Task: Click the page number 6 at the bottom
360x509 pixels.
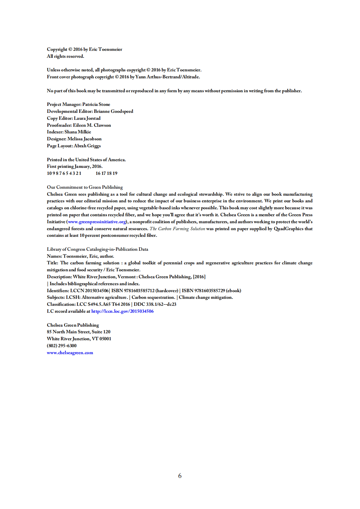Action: coord(180,476)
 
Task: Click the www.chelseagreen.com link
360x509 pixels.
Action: coord(70,353)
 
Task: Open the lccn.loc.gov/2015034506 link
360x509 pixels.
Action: coord(122,311)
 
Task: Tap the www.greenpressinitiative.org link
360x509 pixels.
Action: coord(97,222)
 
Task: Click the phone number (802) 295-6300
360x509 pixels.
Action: coord(62,346)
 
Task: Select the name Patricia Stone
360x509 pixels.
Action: coord(96,104)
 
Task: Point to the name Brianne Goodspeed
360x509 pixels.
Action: coord(113,111)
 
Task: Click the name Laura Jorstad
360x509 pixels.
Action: coord(87,118)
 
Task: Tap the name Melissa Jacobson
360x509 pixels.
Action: coord(84,139)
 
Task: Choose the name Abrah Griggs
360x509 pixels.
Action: coord(87,146)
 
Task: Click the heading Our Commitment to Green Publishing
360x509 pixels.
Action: coord(85,187)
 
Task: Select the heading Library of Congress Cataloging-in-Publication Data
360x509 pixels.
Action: coord(97,249)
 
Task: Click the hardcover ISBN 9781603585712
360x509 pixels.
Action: coord(139,291)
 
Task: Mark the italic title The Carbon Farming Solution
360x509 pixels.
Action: coord(177,229)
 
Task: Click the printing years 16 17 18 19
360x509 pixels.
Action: coord(106,173)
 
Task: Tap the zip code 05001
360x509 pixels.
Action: coord(105,339)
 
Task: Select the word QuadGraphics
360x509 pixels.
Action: coord(288,229)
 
